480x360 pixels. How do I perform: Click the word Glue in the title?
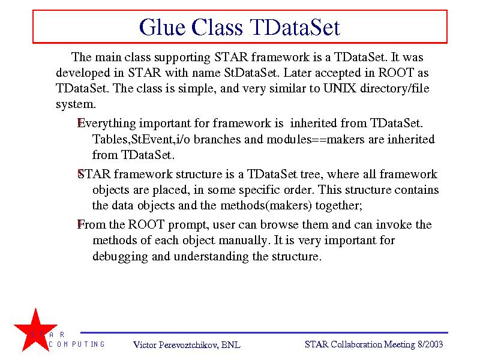pos(162,27)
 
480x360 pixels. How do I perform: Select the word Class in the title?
pos(217,27)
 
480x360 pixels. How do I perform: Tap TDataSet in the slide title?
pos(295,27)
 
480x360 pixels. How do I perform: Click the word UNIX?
pos(340,88)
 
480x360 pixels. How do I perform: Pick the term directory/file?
pos(395,88)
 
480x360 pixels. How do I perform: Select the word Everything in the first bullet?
pos(107,124)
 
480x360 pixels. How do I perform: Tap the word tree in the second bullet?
pos(310,175)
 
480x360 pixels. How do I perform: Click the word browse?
pos(279,224)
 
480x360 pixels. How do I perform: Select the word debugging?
pos(120,257)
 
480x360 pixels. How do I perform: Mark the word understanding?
pos(211,257)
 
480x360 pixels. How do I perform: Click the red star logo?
pos(35,329)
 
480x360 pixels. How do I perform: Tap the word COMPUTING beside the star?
pos(77,344)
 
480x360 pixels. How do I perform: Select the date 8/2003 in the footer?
pos(430,344)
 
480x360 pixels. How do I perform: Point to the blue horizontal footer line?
pos(264,332)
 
